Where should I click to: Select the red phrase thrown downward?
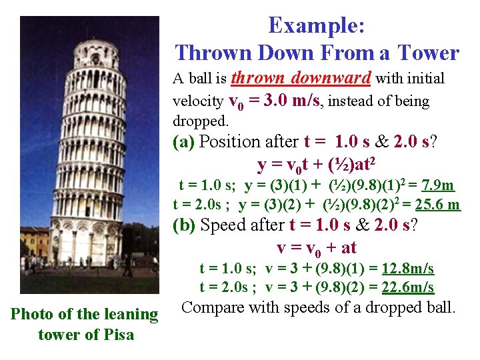point(301,78)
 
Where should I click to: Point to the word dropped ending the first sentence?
point(199,121)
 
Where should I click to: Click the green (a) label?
point(184,141)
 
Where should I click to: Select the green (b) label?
point(184,225)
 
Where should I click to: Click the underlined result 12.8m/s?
point(407,269)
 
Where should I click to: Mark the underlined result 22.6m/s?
point(407,287)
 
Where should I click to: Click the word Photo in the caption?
point(33,314)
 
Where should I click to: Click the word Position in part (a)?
point(231,141)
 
